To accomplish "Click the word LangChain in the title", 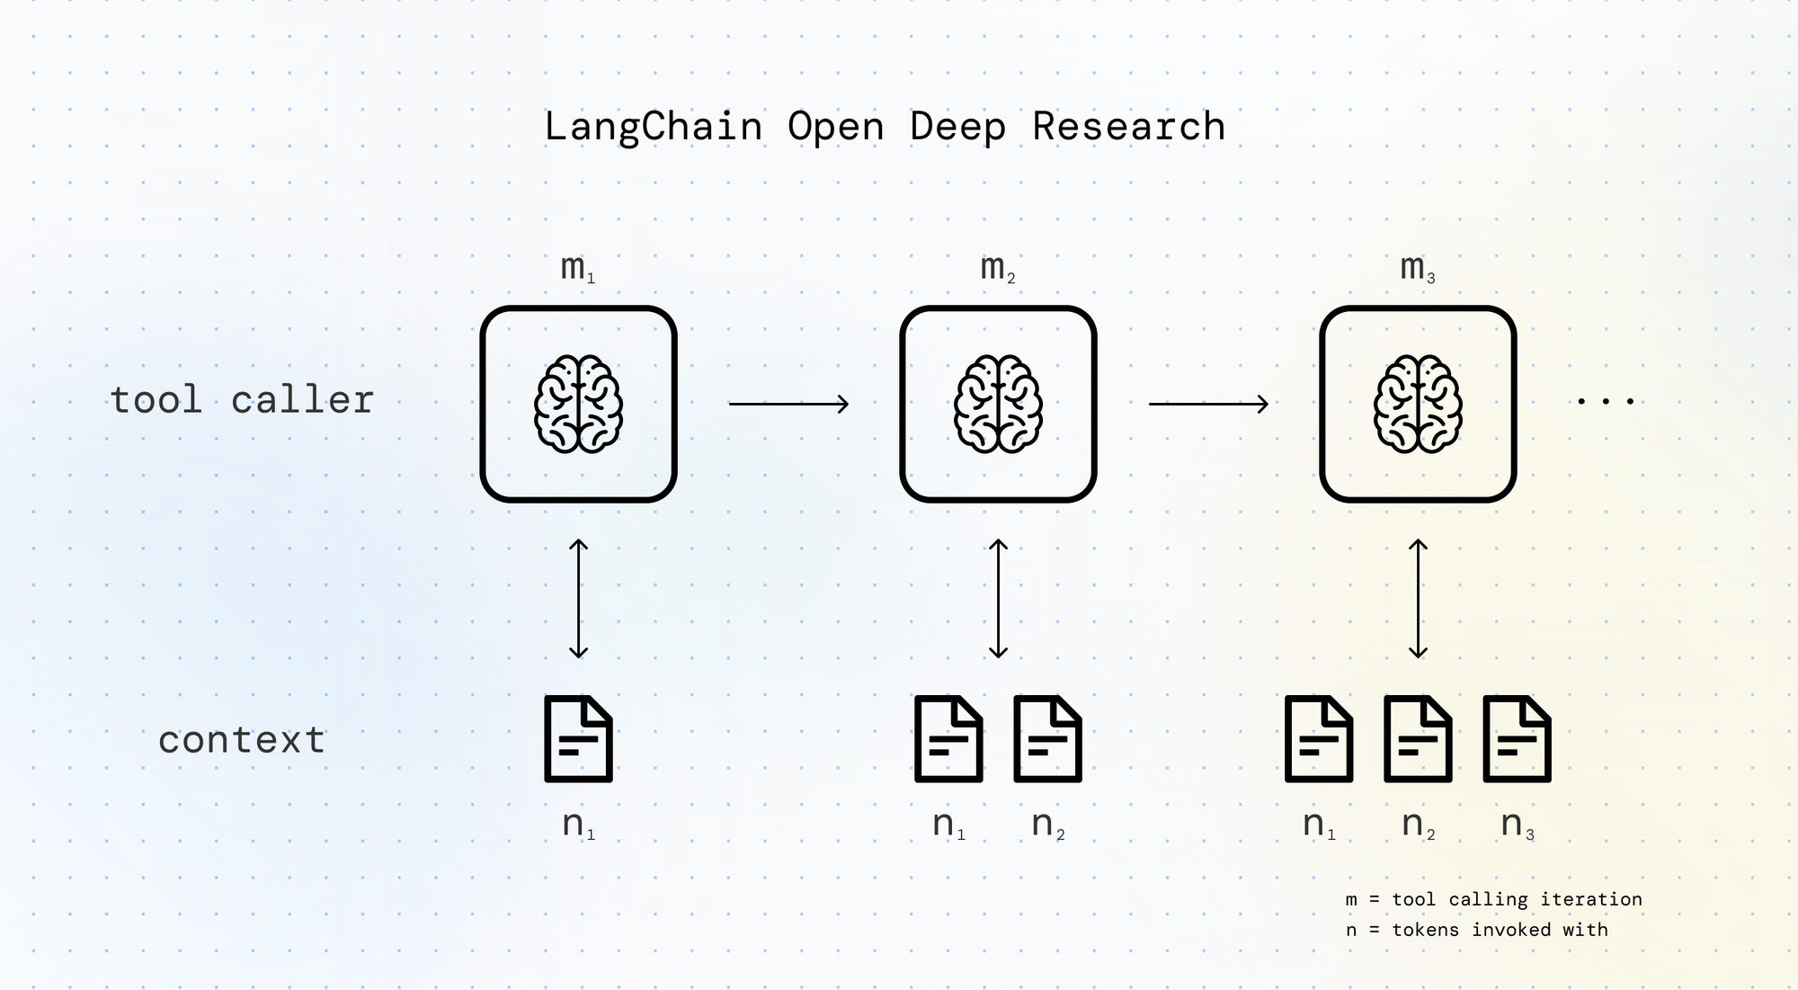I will coord(654,127).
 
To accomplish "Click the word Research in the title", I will coord(1128,127).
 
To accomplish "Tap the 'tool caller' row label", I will coord(241,400).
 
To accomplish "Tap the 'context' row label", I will coord(241,740).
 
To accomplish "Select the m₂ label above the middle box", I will coord(997,267).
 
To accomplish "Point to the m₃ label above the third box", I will coord(1417,267).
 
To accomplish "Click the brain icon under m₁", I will coord(578,404).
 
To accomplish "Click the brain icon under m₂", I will coord(998,404).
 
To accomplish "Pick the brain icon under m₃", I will coord(1418,404).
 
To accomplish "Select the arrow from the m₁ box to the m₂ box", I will coord(788,405).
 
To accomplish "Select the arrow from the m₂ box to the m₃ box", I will coord(1208,405).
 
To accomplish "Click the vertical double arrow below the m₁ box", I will coord(578,599).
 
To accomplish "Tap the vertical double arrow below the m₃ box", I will coord(1418,599).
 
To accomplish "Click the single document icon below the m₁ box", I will coord(578,739).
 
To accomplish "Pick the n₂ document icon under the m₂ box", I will coord(1047,739).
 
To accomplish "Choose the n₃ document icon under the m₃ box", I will coord(1517,739).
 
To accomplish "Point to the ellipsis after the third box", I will coord(1606,401).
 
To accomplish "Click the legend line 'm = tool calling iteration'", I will coord(1493,899).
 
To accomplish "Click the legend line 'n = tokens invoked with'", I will coord(1476,930).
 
